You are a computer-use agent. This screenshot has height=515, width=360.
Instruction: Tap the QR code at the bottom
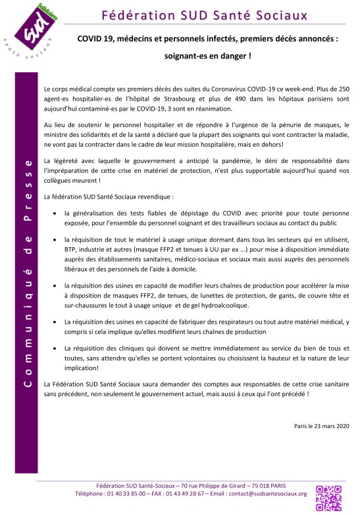point(330,498)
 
